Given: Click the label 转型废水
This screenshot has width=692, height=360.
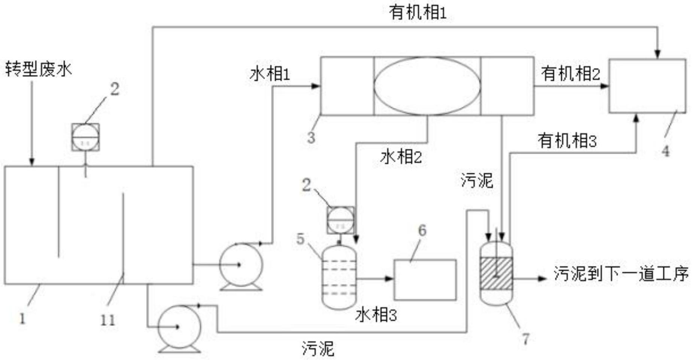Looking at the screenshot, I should [x=39, y=70].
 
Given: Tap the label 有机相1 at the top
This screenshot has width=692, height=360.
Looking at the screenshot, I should [x=418, y=13].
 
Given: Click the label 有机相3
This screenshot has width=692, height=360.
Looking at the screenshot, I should [x=567, y=141].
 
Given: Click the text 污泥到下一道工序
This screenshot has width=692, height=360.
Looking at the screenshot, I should [x=621, y=274].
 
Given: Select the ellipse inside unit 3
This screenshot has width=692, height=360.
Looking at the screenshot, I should [x=427, y=86].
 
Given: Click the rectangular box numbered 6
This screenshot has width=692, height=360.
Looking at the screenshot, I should [x=425, y=280].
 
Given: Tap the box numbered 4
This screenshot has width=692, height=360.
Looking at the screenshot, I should [x=647, y=86].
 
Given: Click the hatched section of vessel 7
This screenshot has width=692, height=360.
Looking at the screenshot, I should [x=496, y=273].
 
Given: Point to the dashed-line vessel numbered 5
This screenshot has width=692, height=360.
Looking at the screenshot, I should [x=339, y=277].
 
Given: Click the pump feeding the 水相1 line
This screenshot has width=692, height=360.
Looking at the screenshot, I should [x=241, y=265].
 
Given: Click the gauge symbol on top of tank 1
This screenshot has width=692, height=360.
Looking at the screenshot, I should [x=85, y=137].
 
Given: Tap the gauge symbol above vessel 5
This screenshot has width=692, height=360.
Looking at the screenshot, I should [x=340, y=220].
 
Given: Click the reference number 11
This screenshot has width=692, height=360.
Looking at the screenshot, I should [x=108, y=320].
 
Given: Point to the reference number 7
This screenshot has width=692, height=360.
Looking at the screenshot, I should [x=526, y=339].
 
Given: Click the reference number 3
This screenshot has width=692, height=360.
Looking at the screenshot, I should [x=311, y=138].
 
